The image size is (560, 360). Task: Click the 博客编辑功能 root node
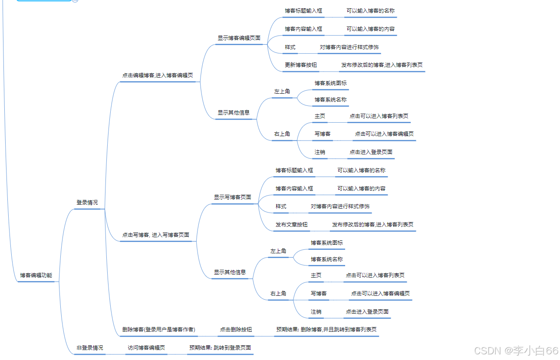point(36,275)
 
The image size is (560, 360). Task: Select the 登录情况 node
point(87,203)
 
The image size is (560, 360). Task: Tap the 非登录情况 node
point(90,348)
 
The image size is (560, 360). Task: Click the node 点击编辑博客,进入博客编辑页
point(158,75)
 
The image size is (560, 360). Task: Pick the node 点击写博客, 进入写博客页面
point(155,235)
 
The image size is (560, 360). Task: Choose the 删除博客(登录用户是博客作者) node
point(158,330)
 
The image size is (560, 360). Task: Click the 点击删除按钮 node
point(236,330)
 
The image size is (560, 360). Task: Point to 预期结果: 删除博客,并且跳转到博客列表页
point(326,330)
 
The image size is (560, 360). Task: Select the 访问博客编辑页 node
point(146,348)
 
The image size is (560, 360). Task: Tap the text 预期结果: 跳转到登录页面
point(220,348)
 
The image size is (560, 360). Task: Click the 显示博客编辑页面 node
point(239,38)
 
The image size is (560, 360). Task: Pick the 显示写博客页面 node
point(232,197)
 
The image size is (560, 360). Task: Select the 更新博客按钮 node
point(301,65)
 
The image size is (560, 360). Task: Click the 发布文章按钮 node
point(292,225)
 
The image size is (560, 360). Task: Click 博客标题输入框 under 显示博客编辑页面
point(303,10)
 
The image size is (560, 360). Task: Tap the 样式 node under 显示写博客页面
point(281,206)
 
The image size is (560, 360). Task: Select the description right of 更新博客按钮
point(382,65)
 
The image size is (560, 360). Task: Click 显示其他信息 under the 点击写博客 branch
point(230,272)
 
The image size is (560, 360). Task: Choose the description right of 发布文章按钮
point(373,225)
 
